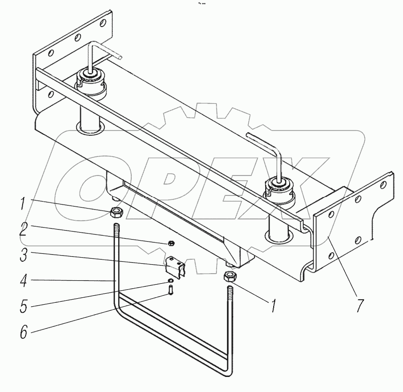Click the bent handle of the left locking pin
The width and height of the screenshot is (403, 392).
click(x=103, y=51)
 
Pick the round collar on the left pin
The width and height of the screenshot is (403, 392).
click(x=91, y=81)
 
